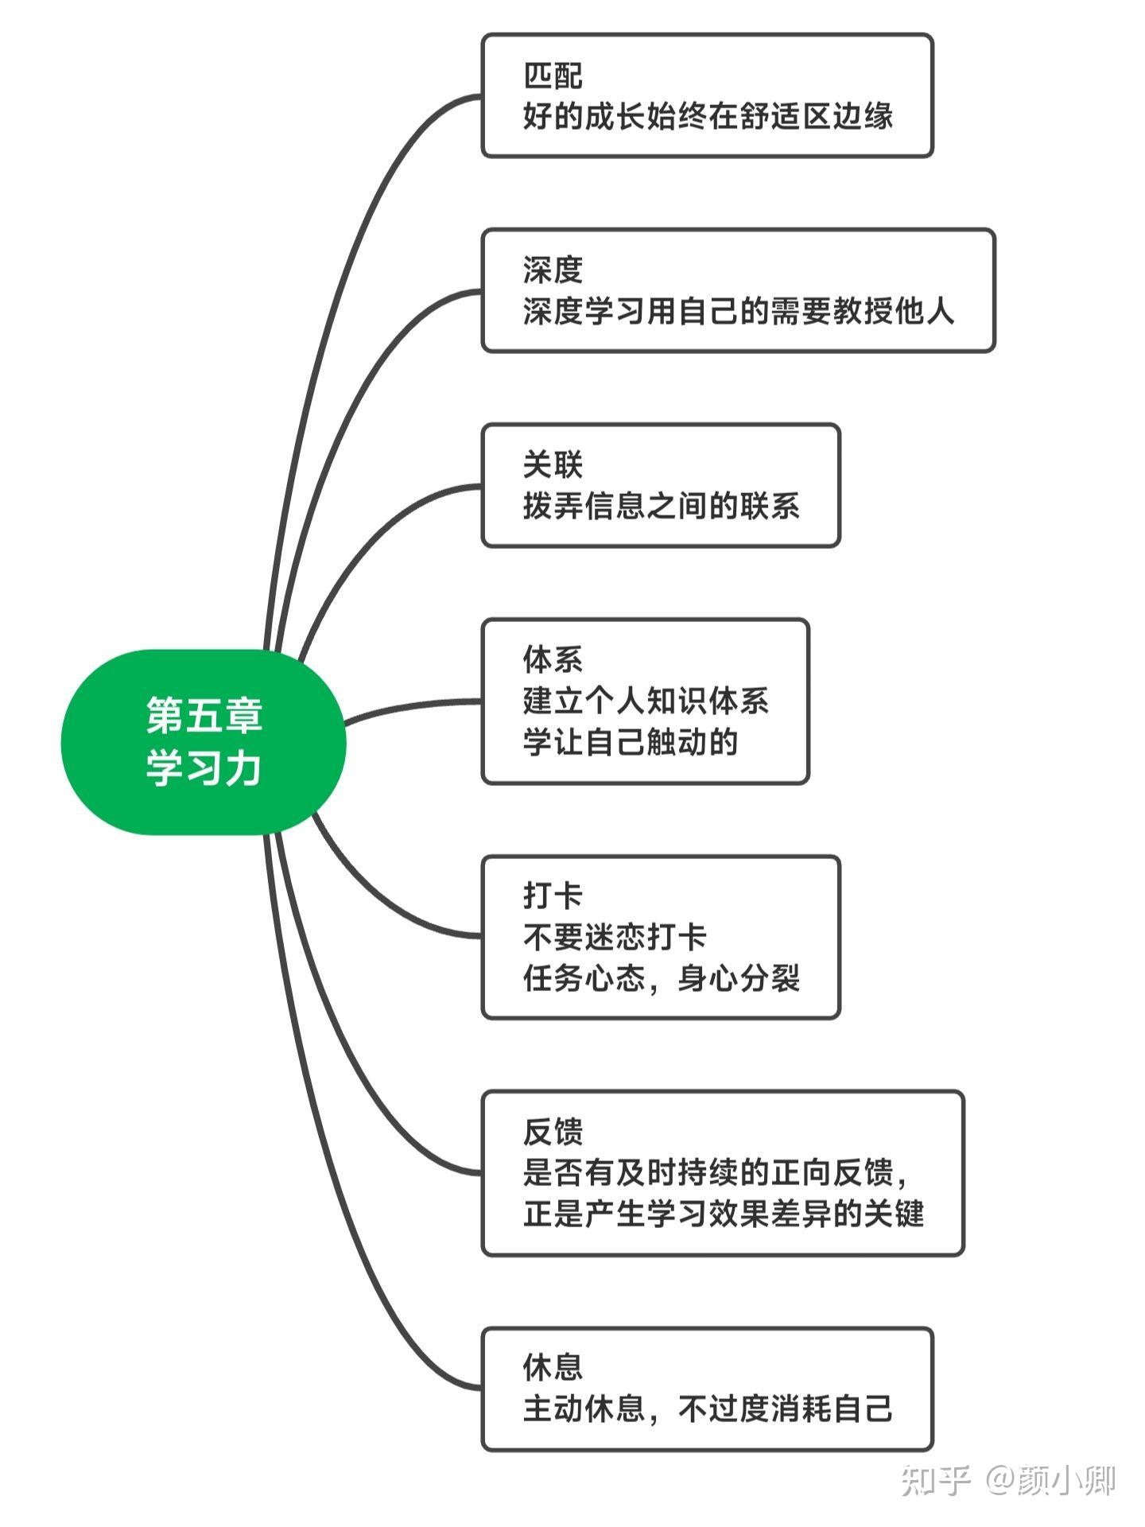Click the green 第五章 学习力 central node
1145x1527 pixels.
[204, 742]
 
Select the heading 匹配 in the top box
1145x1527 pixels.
[553, 76]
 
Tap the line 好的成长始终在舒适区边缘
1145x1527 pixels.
[708, 116]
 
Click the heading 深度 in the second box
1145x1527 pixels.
[553, 270]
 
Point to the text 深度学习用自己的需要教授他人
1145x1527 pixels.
[739, 311]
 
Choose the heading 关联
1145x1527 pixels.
[553, 465]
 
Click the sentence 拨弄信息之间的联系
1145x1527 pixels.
[662, 506]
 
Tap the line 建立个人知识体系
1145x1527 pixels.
[646, 701]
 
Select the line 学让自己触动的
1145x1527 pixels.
[631, 742]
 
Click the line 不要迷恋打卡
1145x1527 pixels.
[615, 937]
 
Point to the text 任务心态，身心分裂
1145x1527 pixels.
[662, 978]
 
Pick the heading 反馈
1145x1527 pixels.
[553, 1132]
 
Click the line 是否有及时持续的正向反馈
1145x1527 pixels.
[716, 1172]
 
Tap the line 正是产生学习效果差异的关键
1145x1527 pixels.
[724, 1214]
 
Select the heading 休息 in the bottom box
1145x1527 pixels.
[553, 1367]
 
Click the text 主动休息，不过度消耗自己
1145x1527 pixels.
[708, 1408]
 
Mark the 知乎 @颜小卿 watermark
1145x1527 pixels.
[1008, 1480]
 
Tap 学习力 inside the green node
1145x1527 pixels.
[204, 769]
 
